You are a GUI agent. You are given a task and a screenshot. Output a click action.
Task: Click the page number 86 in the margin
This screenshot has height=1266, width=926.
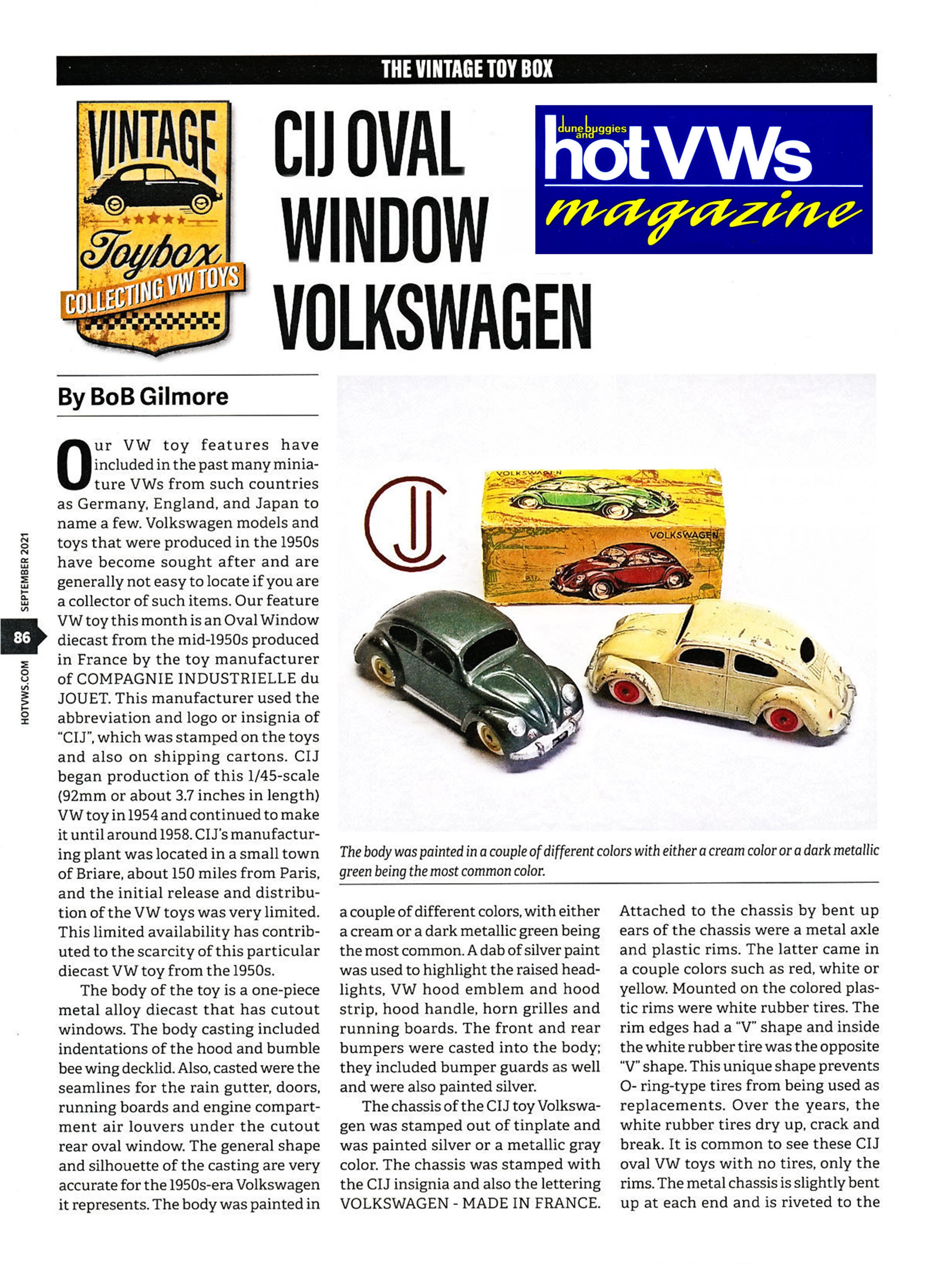click(x=21, y=637)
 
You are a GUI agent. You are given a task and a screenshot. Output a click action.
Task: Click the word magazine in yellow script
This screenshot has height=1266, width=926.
click(x=701, y=217)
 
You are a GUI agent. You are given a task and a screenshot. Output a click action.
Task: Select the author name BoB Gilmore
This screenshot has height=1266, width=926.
click(x=143, y=397)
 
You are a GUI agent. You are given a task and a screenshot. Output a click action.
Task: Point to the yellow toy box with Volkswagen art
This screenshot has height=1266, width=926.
click(x=603, y=537)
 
